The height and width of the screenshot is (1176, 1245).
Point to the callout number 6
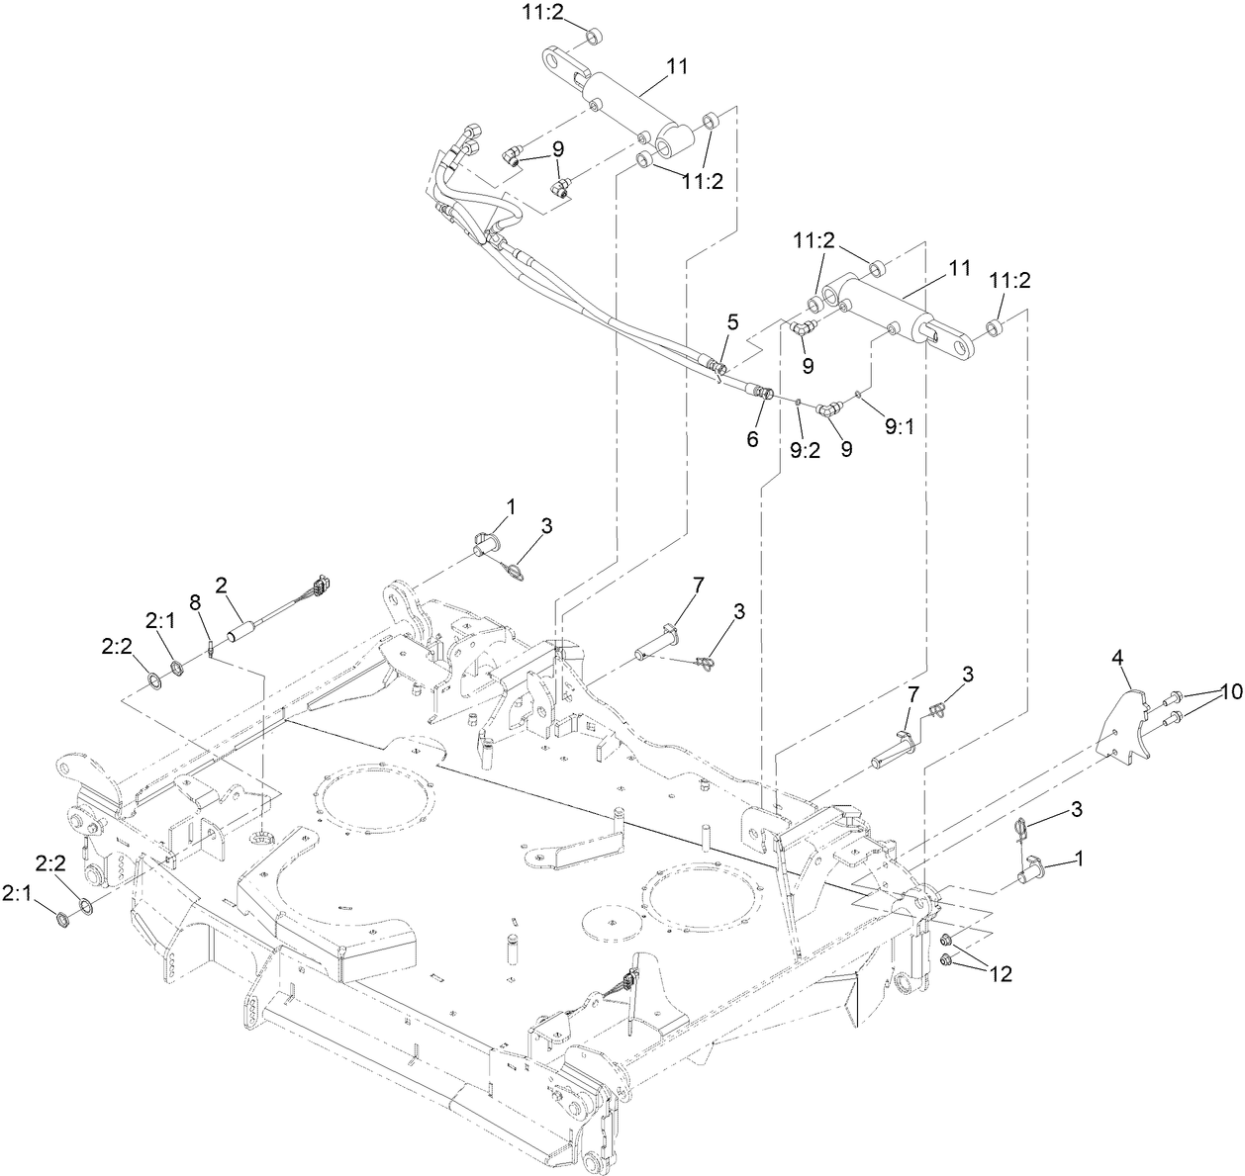(752, 440)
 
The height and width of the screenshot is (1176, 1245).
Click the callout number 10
(1224, 692)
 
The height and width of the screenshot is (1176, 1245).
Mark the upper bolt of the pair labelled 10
(1179, 695)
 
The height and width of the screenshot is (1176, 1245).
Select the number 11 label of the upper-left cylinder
(677, 66)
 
